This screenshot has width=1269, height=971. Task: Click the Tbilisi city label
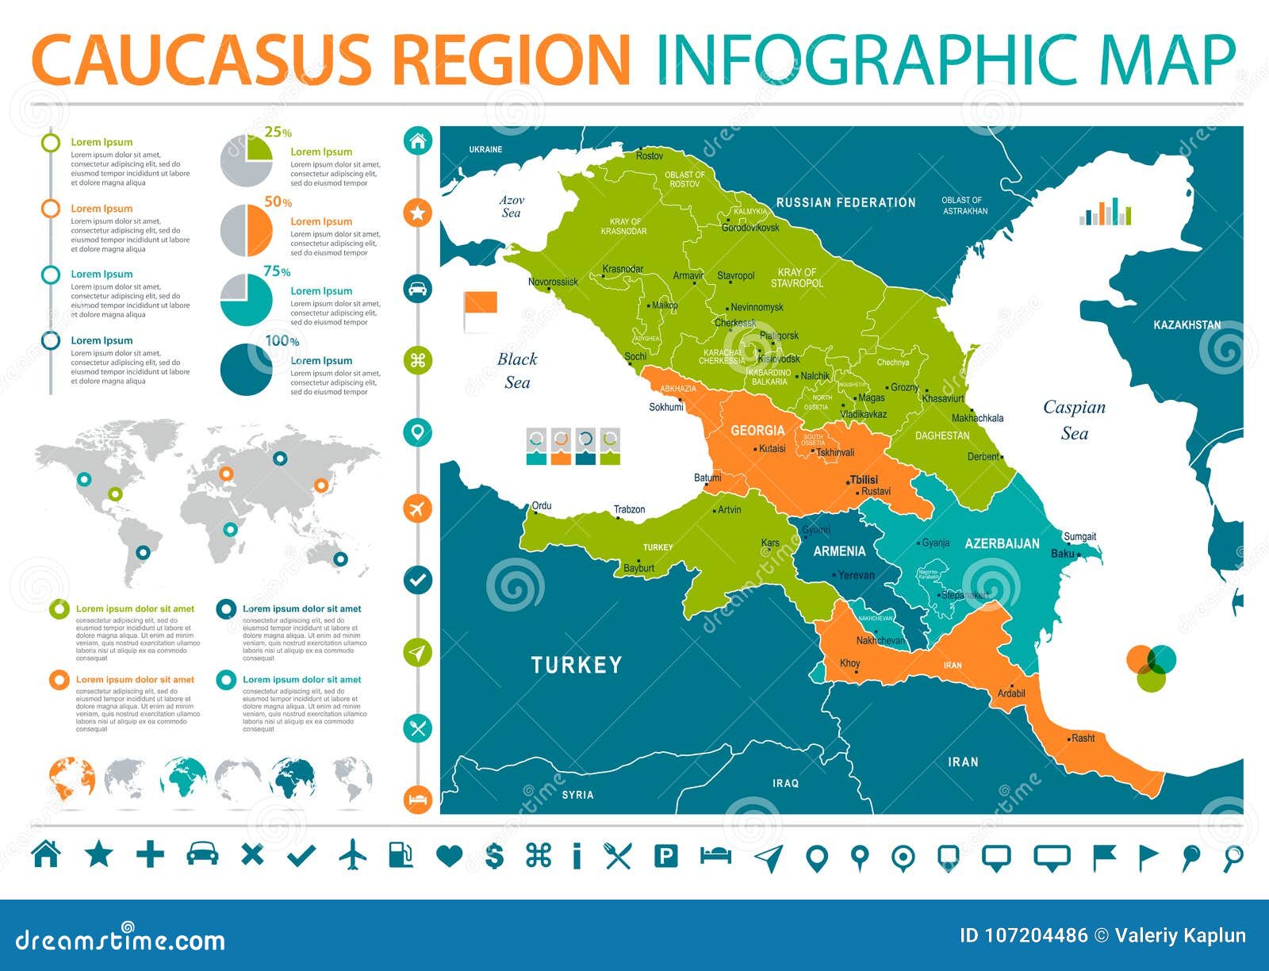click(864, 480)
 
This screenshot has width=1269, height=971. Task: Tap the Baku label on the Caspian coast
click(1062, 554)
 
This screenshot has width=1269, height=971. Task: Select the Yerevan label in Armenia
click(857, 575)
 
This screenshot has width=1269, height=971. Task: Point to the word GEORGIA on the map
click(757, 431)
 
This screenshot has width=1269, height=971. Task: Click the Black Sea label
click(517, 370)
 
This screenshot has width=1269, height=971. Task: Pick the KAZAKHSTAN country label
click(1187, 325)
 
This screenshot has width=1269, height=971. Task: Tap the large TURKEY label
click(577, 665)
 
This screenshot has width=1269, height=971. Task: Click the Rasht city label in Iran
click(1083, 738)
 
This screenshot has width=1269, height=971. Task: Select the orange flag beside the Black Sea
click(480, 305)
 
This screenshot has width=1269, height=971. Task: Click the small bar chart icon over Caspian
click(1105, 212)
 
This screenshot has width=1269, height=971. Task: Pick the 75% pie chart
click(246, 300)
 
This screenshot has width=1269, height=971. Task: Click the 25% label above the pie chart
click(278, 132)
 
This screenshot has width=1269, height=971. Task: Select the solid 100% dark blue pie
click(246, 369)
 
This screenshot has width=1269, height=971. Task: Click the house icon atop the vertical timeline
click(418, 141)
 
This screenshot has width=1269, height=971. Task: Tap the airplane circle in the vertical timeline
click(418, 508)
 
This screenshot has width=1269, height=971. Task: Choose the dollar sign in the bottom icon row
click(494, 855)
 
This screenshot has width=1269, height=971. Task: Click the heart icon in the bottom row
click(449, 855)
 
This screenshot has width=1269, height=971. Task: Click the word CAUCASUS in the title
click(201, 59)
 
